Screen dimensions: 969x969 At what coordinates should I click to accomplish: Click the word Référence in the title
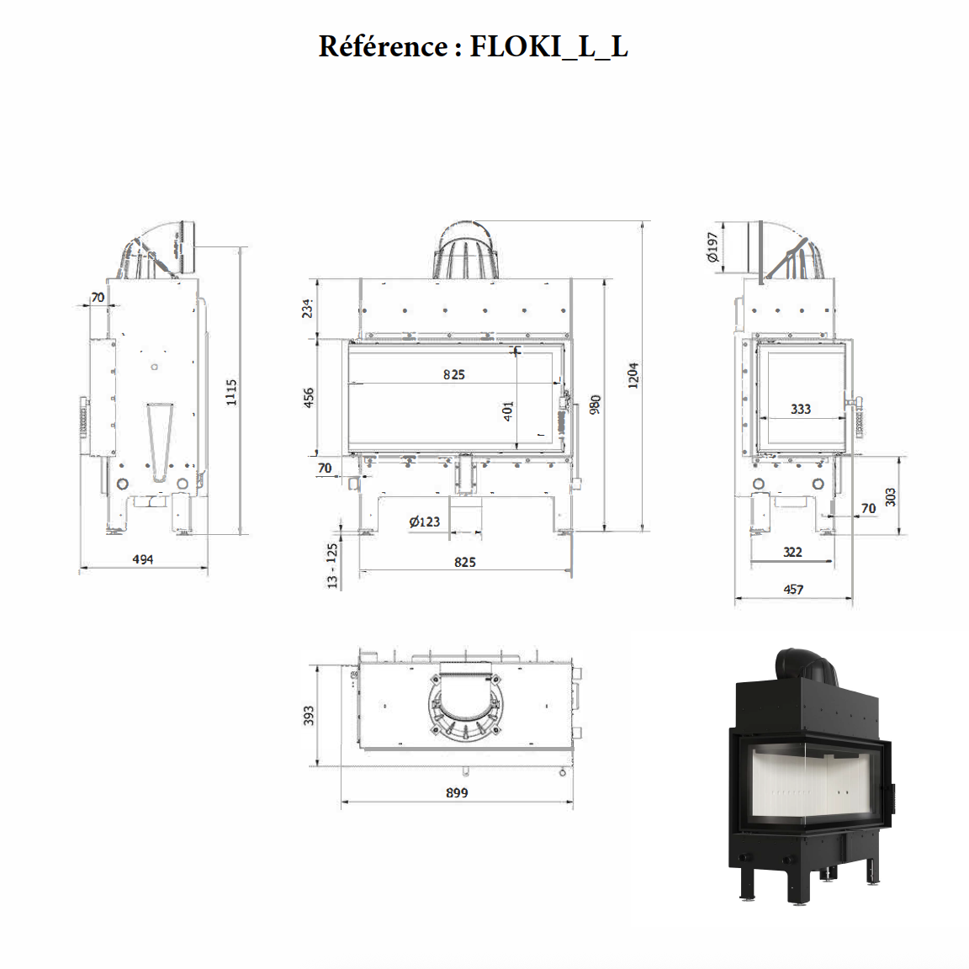(383, 46)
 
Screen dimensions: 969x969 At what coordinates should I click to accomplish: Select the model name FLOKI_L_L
(548, 46)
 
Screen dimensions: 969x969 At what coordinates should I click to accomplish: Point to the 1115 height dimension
(232, 392)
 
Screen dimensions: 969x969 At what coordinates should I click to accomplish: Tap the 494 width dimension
(143, 559)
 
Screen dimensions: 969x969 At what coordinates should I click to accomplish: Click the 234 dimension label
(308, 308)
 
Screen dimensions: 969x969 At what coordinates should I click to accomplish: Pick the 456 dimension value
(308, 398)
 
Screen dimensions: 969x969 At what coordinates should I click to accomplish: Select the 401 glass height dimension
(508, 410)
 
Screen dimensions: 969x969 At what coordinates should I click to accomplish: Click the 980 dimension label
(596, 405)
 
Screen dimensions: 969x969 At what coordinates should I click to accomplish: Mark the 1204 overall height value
(633, 375)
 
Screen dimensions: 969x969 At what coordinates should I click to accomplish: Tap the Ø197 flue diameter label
(713, 248)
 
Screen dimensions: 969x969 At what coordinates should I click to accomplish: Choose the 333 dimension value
(801, 409)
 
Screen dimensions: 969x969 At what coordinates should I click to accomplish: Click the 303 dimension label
(891, 497)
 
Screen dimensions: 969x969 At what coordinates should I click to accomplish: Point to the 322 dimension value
(792, 552)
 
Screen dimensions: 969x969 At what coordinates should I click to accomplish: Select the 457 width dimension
(793, 590)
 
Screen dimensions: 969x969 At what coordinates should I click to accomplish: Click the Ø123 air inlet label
(425, 522)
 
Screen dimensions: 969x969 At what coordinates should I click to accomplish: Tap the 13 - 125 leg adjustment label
(332, 564)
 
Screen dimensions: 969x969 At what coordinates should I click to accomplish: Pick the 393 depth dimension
(309, 716)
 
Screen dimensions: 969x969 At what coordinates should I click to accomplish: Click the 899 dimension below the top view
(457, 792)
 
